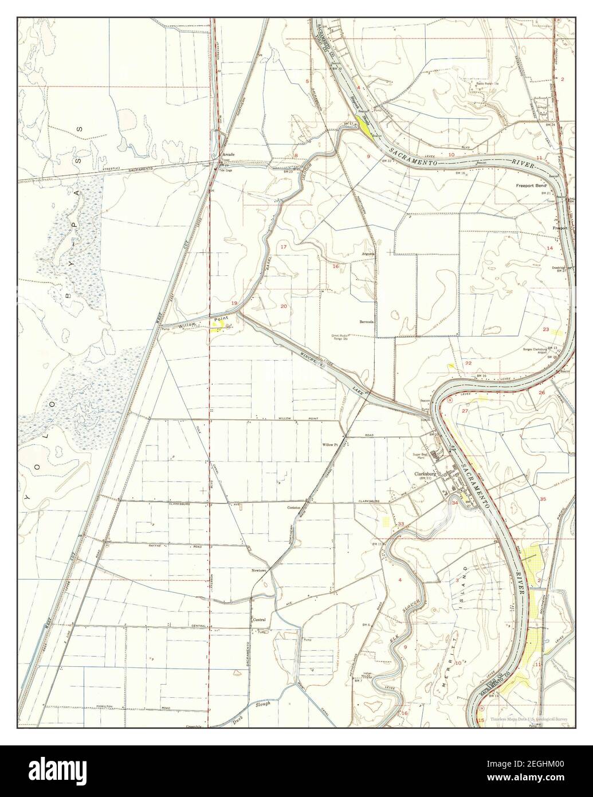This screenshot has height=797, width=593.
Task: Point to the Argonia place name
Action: [x=368, y=253]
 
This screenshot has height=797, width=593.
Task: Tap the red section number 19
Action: [x=234, y=303]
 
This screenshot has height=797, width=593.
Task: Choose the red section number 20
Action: [x=284, y=306]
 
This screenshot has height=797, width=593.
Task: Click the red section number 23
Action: [x=546, y=330]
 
